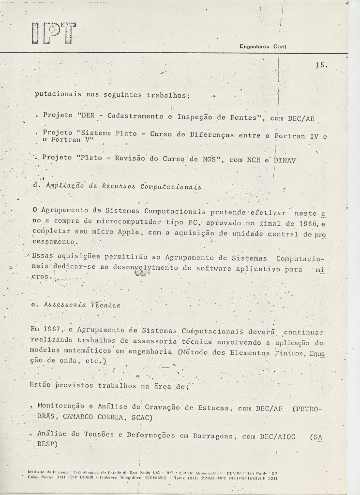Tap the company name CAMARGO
[79, 418]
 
